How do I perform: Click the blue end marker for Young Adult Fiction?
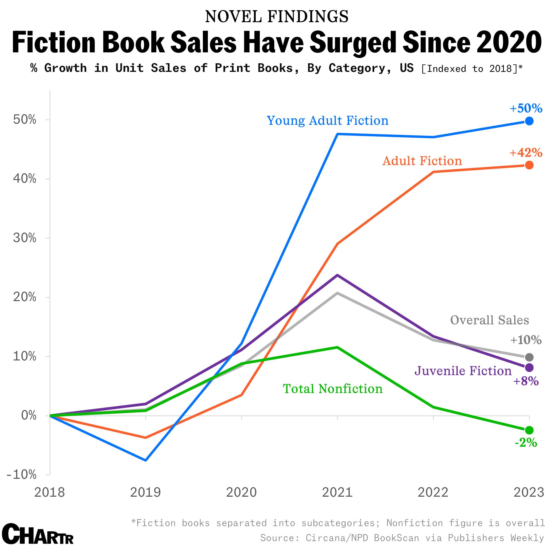(x=529, y=121)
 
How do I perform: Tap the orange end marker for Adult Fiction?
(x=529, y=165)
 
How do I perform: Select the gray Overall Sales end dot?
(x=529, y=357)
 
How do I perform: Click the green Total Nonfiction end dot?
(x=529, y=430)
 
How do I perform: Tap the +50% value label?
(x=526, y=108)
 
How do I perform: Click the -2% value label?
(x=525, y=443)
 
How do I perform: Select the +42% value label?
(x=526, y=153)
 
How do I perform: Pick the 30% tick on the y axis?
(x=25, y=238)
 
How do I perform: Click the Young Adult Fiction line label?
(x=327, y=121)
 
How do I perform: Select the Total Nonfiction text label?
(x=332, y=389)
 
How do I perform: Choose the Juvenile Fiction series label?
(x=463, y=371)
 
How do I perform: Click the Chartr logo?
(x=38, y=534)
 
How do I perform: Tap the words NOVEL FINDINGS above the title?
(x=276, y=17)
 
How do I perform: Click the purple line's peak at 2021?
(x=337, y=275)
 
